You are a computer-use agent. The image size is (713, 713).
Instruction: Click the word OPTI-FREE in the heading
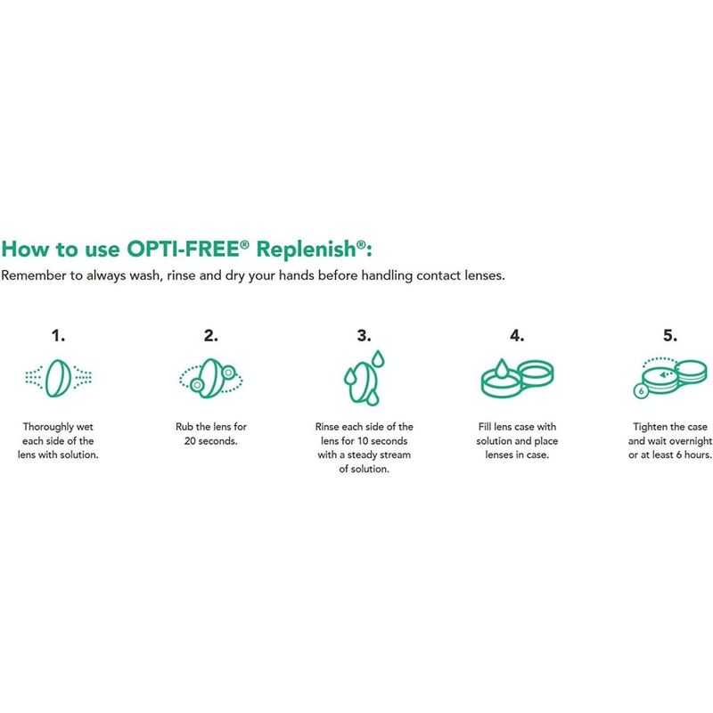(184, 249)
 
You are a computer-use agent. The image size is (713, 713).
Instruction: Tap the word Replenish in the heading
(306, 249)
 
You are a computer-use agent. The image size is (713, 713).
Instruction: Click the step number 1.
(58, 336)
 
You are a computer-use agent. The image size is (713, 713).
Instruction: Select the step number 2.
(211, 336)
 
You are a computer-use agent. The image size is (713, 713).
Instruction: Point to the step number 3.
(364, 336)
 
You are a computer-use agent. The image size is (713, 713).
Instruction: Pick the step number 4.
(517, 336)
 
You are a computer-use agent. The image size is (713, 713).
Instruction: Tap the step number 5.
(670, 336)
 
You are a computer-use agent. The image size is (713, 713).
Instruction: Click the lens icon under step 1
(58, 378)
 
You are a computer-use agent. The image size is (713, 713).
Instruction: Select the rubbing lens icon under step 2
(211, 378)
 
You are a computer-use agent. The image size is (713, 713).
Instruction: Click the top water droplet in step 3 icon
(378, 359)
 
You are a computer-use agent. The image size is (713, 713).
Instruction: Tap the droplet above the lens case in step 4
(502, 369)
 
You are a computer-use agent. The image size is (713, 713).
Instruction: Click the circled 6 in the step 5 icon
(641, 391)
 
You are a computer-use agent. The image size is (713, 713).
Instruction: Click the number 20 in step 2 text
(190, 441)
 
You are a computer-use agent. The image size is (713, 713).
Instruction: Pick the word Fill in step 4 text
(485, 427)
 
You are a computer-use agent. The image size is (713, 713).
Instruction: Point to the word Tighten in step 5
(650, 427)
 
